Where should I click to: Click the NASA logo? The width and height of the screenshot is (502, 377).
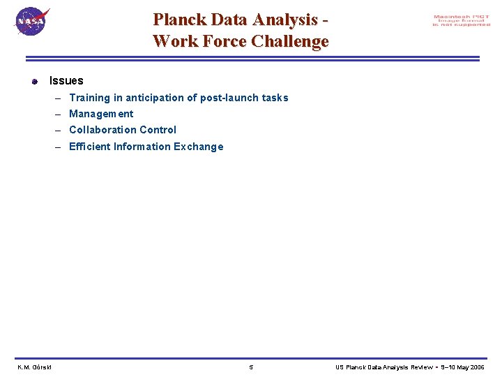pos(32,22)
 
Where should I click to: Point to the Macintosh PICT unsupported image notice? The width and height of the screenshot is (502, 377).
pos(462,21)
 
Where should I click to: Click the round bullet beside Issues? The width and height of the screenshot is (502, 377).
pos(34,82)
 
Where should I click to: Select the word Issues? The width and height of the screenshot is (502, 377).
pos(66,81)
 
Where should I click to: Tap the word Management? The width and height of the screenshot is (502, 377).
pos(101,114)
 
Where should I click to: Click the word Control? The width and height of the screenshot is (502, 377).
pos(158,130)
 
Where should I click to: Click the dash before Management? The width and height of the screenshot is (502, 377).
pos(61,114)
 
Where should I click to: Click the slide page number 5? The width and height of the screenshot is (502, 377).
pos(251,367)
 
